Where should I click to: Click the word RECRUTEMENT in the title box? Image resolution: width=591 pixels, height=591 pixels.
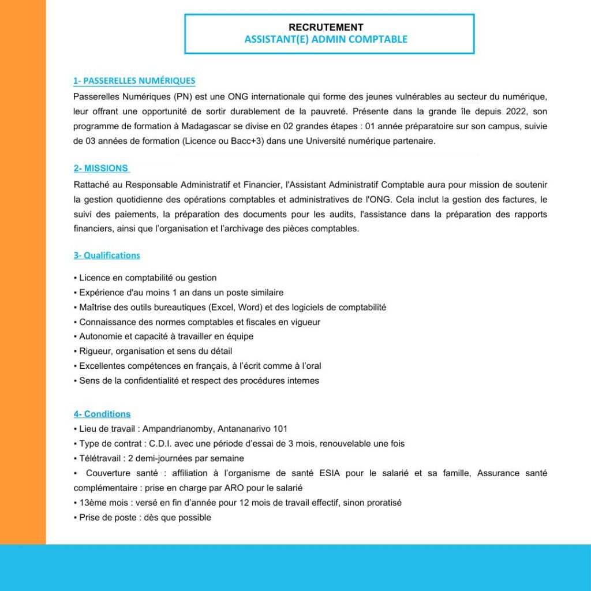326,27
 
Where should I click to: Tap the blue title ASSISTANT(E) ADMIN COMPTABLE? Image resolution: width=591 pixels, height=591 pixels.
326,39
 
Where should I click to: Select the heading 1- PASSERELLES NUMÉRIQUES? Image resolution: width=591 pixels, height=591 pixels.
134,81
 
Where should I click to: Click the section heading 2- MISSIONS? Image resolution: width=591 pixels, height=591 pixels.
101,168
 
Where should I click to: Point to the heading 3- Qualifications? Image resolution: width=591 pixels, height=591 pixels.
107,255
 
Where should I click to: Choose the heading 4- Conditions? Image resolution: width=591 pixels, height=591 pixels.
102,414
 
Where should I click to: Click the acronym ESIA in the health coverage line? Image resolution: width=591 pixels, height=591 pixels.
331,473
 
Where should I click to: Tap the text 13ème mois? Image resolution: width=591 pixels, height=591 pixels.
96,503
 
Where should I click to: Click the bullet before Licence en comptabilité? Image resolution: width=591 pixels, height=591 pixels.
75,278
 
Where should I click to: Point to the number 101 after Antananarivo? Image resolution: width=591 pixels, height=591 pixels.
280,429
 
